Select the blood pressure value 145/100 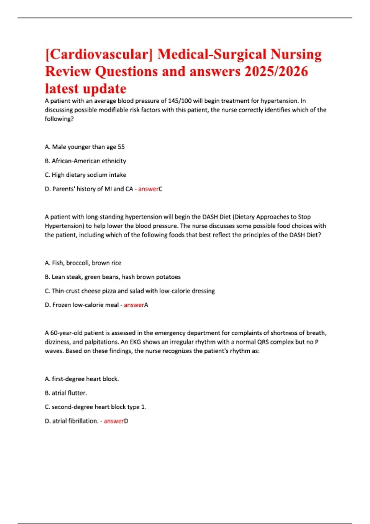[180, 101]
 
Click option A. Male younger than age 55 [85, 147]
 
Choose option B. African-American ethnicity [85, 161]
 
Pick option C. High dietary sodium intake [85, 175]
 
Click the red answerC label [150, 189]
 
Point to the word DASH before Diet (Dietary [210, 217]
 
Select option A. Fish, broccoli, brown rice [83, 263]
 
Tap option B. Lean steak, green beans [113, 277]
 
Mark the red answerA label [136, 305]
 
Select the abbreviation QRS [263, 342]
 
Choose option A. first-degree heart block [82, 379]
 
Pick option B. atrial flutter [66, 393]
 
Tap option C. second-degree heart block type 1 [95, 407]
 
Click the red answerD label [116, 421]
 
